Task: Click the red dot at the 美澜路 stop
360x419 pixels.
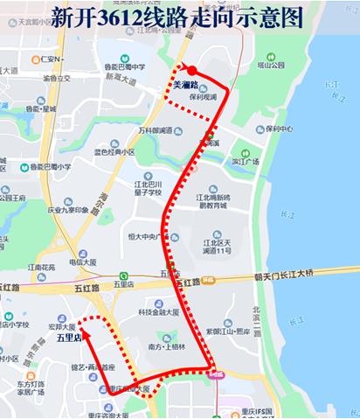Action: pyautogui.click(x=191, y=72)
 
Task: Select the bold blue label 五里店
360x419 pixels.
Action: pyautogui.click(x=68, y=336)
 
